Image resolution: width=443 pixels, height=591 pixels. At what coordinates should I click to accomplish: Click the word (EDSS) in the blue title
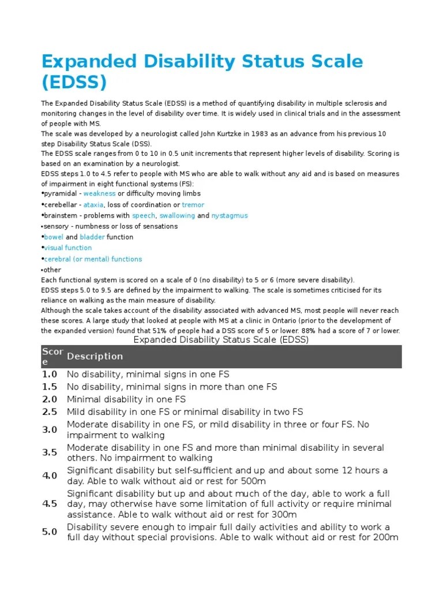tap(74, 83)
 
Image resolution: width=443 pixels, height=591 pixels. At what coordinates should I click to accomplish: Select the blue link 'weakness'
tap(99, 194)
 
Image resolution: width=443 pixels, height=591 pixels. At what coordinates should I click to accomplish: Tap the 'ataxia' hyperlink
tap(93, 205)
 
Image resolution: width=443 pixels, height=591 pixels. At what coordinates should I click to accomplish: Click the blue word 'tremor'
tap(193, 205)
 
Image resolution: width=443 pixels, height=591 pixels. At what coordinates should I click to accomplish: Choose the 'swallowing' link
tap(177, 216)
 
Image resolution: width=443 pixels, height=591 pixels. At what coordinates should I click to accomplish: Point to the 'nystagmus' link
tap(229, 216)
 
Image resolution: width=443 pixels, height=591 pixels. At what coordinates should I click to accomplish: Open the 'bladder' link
tap(92, 237)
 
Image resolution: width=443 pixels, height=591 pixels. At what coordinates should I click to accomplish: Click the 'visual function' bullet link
tap(67, 248)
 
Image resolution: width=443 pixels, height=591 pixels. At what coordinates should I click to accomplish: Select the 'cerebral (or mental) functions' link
tap(93, 259)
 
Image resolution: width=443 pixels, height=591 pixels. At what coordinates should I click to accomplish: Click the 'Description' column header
tap(95, 357)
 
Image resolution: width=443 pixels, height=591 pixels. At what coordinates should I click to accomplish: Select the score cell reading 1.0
tap(50, 374)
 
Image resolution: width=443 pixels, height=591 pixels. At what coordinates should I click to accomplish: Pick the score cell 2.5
tap(50, 412)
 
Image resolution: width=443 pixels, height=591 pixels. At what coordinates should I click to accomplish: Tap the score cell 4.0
tap(50, 476)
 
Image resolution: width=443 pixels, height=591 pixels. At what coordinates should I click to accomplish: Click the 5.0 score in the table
tap(50, 532)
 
